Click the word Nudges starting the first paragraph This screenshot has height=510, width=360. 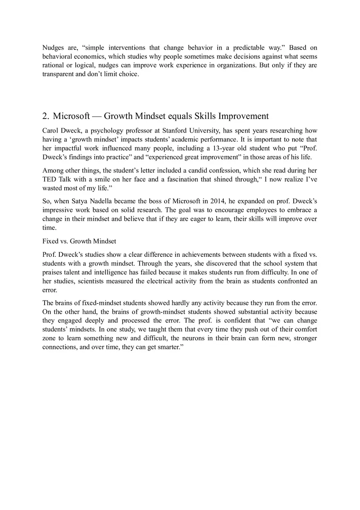(52, 48)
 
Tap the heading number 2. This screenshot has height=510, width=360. (46, 116)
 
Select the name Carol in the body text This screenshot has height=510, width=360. (51, 131)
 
